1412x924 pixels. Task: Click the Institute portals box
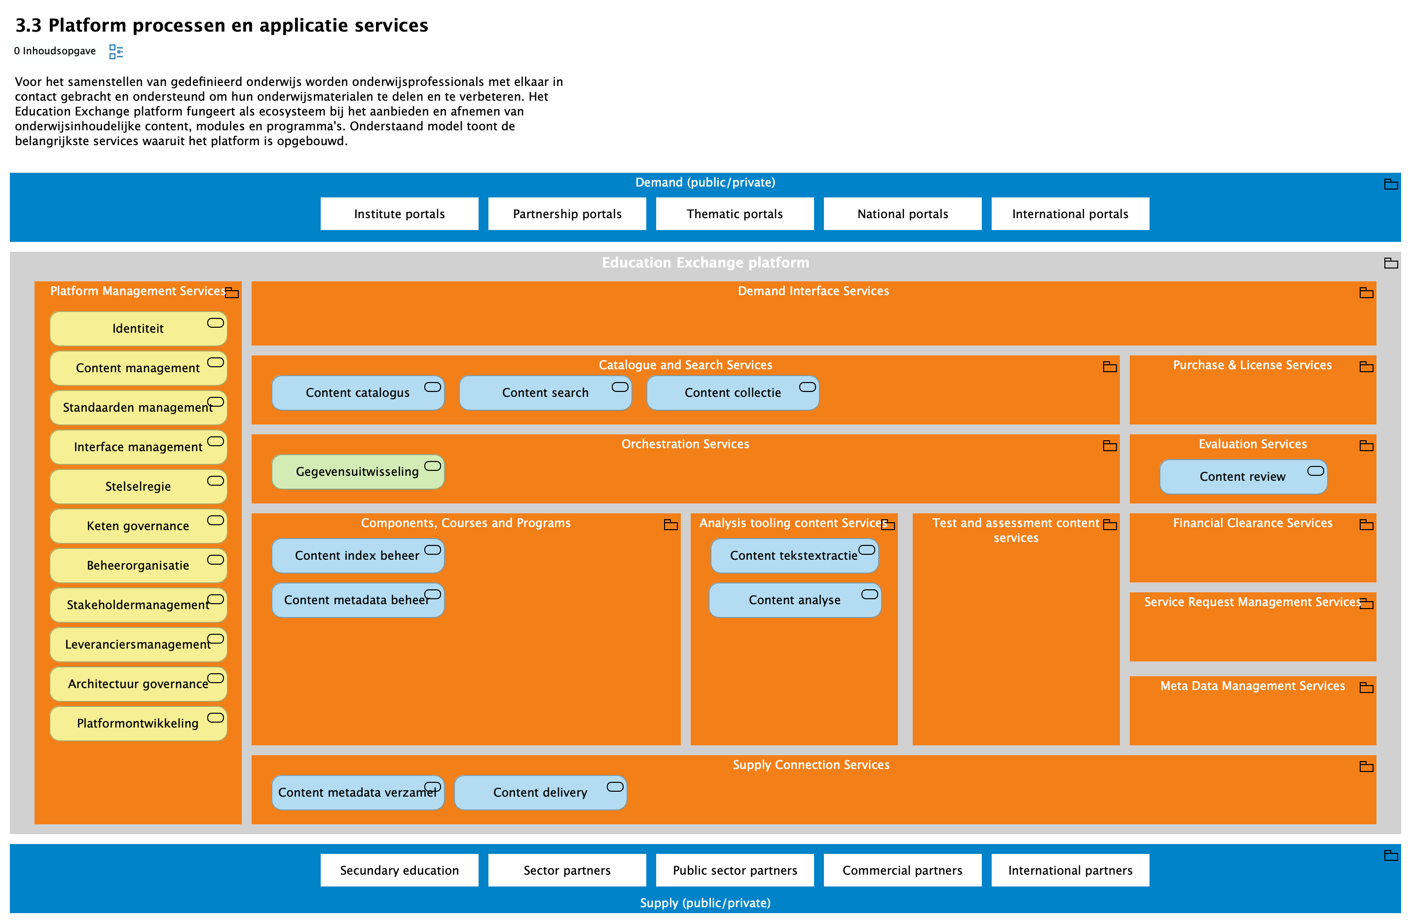tap(399, 214)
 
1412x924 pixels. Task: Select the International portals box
tap(1070, 214)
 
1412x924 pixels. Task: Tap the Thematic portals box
tap(735, 214)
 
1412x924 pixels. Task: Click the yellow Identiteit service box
tap(138, 328)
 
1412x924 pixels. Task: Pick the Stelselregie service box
tap(138, 486)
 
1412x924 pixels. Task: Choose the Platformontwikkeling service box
tap(138, 723)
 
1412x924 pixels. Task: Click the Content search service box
tap(545, 392)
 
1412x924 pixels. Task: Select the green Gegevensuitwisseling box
tap(357, 471)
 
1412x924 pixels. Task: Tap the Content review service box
tap(1242, 476)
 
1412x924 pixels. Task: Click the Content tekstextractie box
tap(793, 555)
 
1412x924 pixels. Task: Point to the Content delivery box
tap(540, 792)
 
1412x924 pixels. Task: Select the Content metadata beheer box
tap(357, 600)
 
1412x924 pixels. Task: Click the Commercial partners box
tap(902, 870)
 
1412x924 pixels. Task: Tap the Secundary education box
tap(399, 870)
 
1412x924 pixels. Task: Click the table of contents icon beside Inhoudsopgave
tap(115, 52)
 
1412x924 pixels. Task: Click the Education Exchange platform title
tap(705, 262)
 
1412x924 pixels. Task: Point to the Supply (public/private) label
tap(705, 903)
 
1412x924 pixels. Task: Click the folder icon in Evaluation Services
tap(1366, 446)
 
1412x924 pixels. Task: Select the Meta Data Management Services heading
tap(1252, 686)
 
